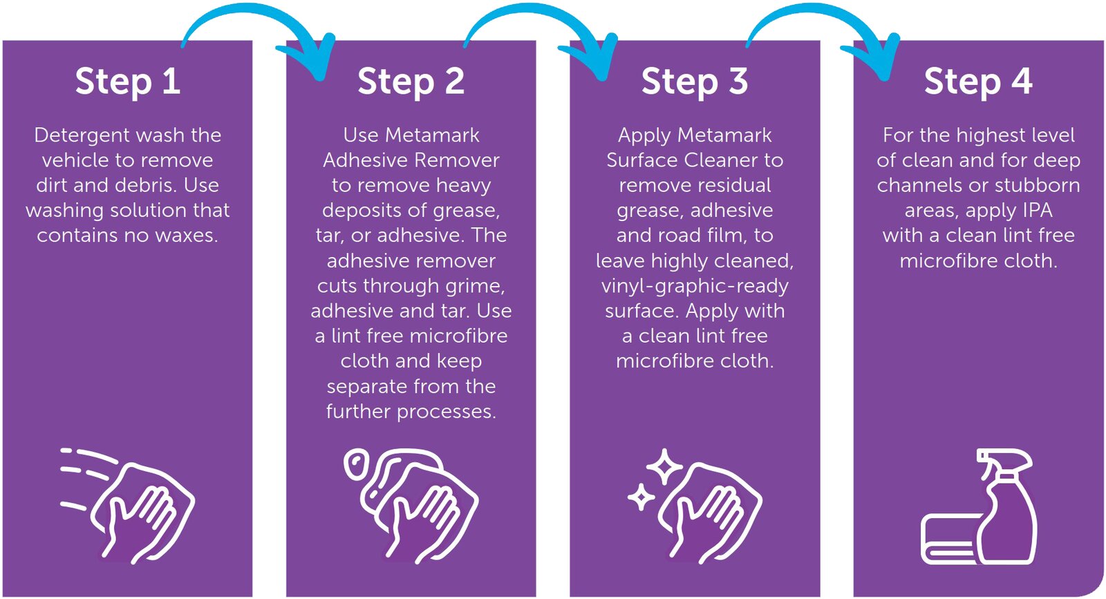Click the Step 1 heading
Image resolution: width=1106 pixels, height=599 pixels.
(x=128, y=82)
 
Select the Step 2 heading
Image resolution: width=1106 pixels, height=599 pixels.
(x=411, y=82)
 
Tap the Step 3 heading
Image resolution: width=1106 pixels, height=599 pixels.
(x=695, y=82)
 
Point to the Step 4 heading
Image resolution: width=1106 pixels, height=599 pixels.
(x=978, y=82)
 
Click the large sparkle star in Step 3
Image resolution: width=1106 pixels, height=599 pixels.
(x=664, y=466)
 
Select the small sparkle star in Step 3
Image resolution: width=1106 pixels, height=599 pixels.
(x=641, y=497)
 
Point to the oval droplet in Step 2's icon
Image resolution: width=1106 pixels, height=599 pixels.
(x=355, y=464)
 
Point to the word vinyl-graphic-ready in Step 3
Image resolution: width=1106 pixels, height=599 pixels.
(x=695, y=287)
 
